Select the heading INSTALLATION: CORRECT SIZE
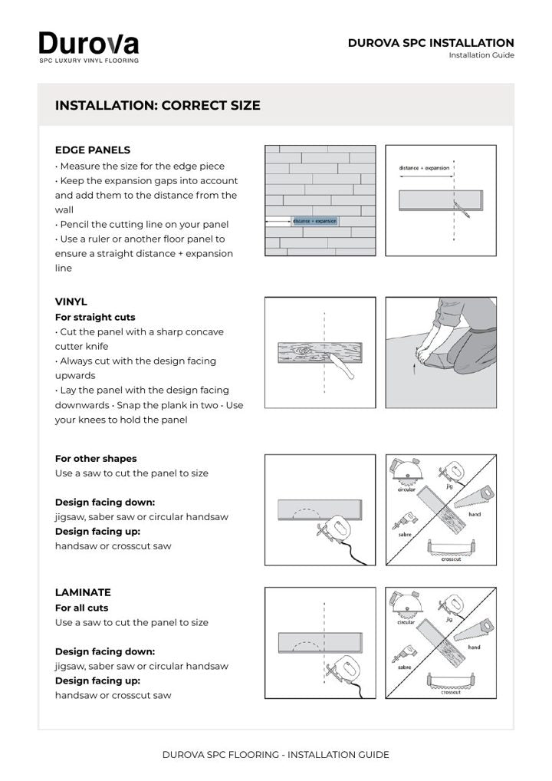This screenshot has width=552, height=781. tap(158, 106)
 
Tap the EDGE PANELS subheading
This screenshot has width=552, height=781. tap(93, 150)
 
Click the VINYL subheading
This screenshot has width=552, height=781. tap(71, 302)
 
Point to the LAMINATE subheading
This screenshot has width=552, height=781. tap(83, 593)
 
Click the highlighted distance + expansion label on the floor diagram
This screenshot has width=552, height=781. tap(314, 221)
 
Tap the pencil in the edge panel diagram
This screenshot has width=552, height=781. tap(462, 209)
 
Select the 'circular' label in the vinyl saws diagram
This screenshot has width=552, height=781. tap(406, 489)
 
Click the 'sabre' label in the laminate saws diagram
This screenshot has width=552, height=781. tap(405, 667)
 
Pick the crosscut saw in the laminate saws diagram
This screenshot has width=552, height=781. tap(451, 681)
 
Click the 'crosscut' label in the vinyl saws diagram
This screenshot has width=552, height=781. tap(451, 559)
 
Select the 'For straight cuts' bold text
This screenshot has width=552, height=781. tap(95, 318)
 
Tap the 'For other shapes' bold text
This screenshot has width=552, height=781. tap(96, 459)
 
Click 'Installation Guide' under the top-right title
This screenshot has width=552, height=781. tap(481, 55)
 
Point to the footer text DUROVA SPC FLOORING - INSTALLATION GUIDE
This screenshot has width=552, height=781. tap(276, 755)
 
